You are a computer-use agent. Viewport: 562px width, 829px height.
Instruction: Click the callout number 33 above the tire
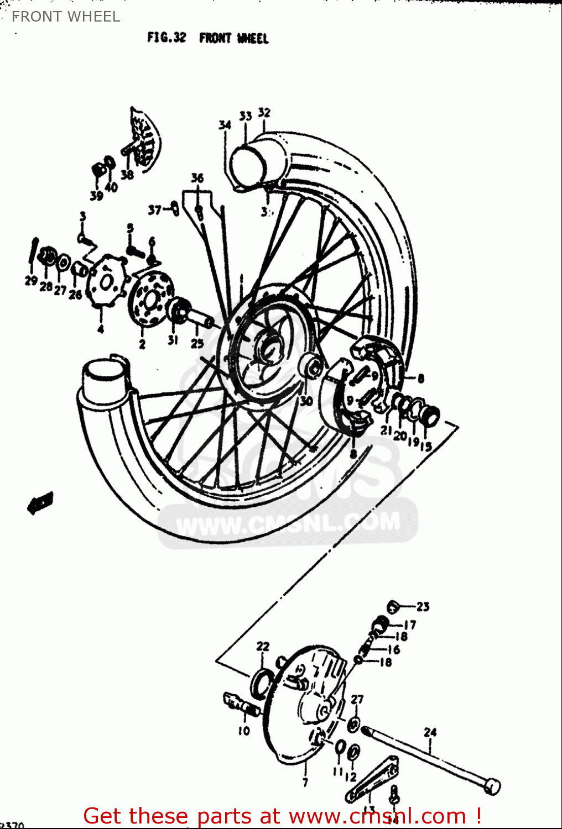246,116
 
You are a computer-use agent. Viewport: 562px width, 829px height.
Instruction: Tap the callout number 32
264,113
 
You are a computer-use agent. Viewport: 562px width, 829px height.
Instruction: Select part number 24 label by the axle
430,732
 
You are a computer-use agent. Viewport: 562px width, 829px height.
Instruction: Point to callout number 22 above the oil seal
263,646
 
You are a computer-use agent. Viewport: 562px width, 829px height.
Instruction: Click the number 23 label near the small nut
423,607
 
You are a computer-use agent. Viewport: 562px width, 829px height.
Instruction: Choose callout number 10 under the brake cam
244,731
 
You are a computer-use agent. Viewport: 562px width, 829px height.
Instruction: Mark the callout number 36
197,178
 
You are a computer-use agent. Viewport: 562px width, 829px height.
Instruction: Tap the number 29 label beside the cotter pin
31,281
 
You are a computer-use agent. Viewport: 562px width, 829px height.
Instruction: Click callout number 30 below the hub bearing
306,401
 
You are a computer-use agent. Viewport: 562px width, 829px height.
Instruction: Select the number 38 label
127,175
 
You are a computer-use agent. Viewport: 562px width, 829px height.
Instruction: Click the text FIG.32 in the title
166,38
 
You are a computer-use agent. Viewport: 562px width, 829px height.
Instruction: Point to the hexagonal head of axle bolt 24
492,786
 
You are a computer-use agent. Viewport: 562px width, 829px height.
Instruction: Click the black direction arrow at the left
40,502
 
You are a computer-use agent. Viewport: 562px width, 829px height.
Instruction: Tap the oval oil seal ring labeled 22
261,683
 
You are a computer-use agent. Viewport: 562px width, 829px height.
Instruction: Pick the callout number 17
409,625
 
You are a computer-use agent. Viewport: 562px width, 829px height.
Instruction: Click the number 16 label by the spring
393,649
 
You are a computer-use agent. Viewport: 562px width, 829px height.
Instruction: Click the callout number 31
173,340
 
